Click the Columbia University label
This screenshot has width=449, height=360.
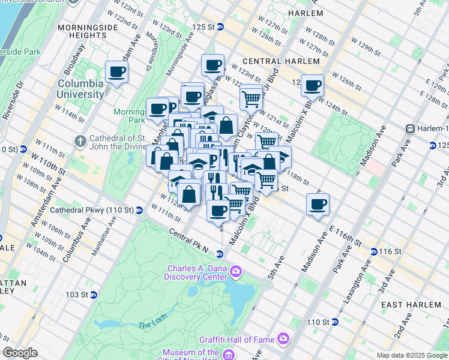80,89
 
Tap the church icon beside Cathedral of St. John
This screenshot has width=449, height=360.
80,142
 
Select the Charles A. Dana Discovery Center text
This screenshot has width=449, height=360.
196,273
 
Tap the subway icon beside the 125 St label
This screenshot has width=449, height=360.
220,27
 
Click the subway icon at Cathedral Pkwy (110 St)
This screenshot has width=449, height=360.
139,211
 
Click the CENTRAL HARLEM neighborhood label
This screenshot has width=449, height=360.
281,61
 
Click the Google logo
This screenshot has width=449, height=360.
20,353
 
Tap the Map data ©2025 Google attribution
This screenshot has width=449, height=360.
411,355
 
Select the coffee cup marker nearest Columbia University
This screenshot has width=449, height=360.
116,73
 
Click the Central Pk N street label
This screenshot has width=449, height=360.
188,236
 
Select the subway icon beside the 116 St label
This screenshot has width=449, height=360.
373,251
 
